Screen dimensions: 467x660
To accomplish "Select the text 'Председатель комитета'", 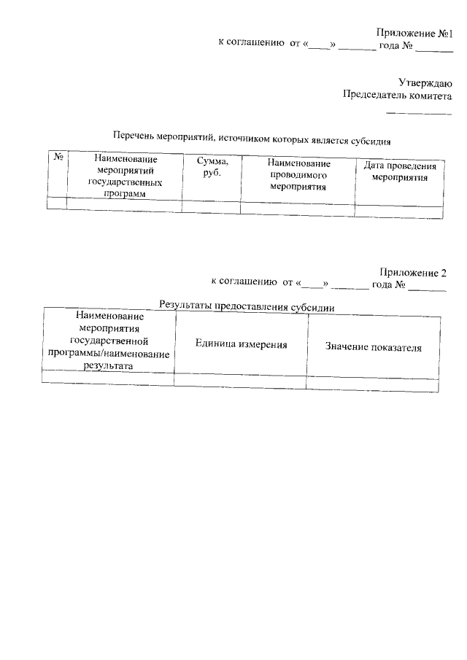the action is click(398, 95).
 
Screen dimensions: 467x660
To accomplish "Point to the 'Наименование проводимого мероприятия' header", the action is click(298, 175).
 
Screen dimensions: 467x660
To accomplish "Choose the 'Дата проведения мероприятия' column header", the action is click(400, 171).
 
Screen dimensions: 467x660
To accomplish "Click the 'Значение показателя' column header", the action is click(374, 347).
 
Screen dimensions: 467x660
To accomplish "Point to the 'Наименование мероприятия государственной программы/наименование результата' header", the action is click(109, 341).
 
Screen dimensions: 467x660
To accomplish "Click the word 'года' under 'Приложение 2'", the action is click(382, 284).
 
